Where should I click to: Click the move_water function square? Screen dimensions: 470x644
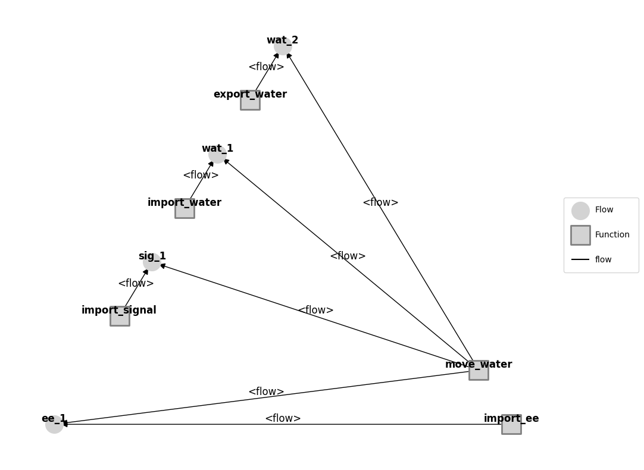tap(479, 370)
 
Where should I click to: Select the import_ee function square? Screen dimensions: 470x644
tap(511, 424)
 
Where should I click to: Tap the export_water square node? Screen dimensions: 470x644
tap(250, 100)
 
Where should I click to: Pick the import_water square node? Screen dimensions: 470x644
tap(185, 208)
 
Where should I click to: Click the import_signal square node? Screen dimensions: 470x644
tap(120, 316)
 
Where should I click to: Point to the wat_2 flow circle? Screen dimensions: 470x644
tap(283, 46)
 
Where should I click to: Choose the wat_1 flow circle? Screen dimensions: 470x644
tap(217, 154)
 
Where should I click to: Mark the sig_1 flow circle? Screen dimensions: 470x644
tap(152, 262)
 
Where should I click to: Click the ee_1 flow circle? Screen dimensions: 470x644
tap(54, 424)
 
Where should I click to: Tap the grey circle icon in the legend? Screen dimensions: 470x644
tap(580, 211)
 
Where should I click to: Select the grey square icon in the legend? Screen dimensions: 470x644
tap(580, 235)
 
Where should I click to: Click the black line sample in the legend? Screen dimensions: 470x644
tap(580, 259)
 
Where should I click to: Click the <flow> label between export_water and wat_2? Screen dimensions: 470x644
tap(266, 67)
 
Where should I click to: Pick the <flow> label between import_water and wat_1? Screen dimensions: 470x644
tap(201, 176)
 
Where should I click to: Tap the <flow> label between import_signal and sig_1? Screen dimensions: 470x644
tap(136, 284)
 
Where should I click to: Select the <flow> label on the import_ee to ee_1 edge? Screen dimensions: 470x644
tap(283, 419)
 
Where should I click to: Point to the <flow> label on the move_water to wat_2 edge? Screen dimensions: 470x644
tap(380, 203)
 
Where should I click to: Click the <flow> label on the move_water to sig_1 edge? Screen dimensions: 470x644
tap(315, 311)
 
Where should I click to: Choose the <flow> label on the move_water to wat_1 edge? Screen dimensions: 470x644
tap(348, 256)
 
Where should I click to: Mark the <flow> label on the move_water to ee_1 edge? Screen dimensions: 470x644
tap(266, 392)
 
